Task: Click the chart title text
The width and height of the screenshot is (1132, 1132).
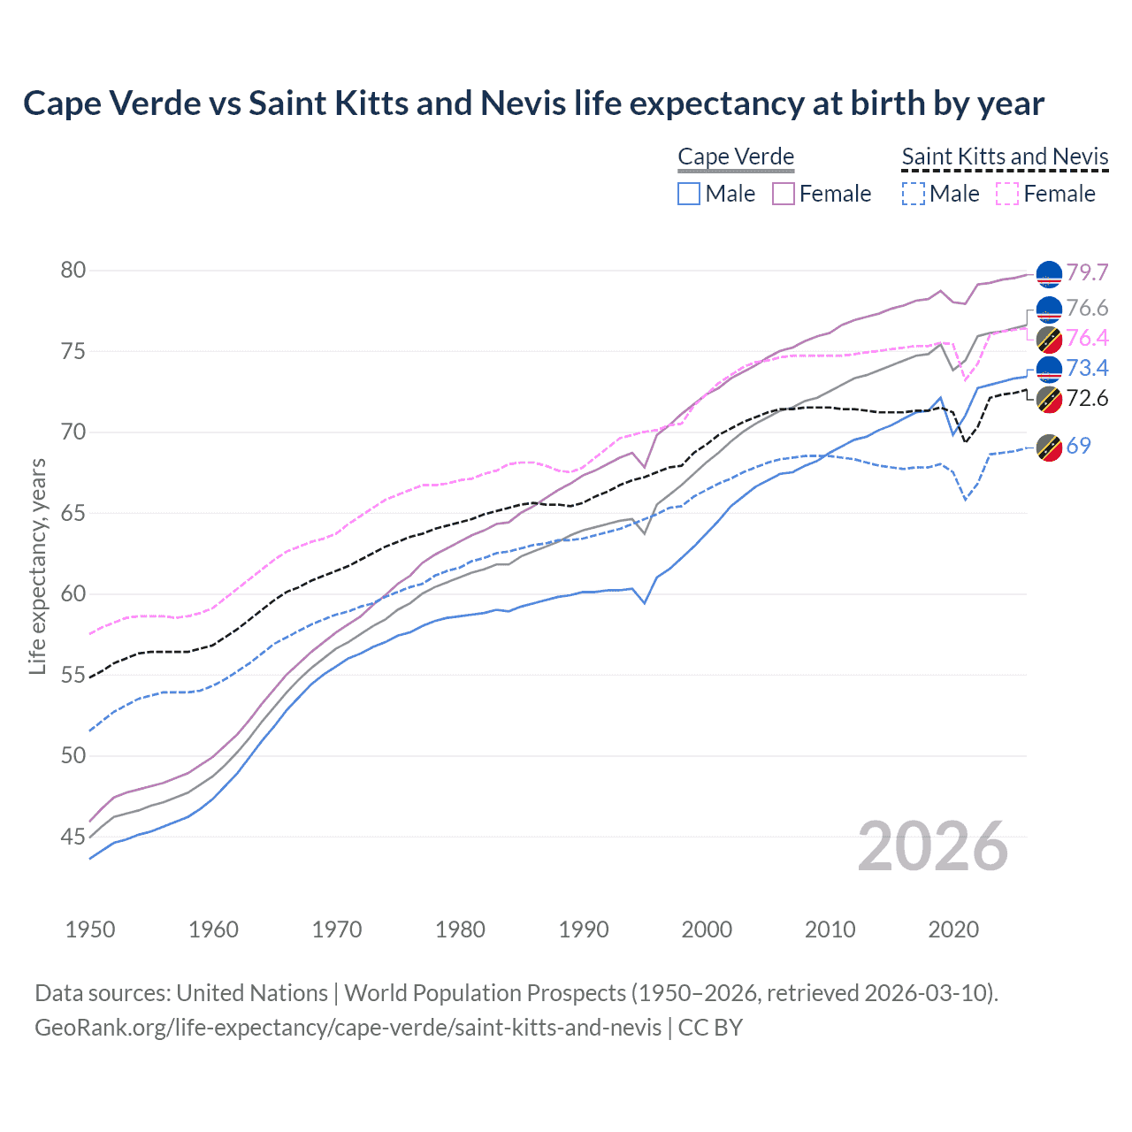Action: click(x=533, y=103)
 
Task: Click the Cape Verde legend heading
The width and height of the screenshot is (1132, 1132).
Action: click(x=736, y=157)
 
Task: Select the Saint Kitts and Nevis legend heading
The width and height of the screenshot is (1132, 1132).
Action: click(x=1005, y=157)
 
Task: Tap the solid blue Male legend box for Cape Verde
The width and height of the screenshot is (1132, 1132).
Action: click(x=689, y=194)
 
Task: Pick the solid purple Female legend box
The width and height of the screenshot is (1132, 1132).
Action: click(x=784, y=194)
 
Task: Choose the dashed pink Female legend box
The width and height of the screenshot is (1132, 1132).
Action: click(x=1007, y=194)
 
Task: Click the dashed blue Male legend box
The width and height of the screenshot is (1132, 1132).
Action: click(x=914, y=194)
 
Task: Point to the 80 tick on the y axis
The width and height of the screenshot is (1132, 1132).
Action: click(x=73, y=271)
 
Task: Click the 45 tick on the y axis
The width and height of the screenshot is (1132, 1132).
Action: click(x=73, y=837)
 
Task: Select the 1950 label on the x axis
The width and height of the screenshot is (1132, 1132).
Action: click(x=90, y=929)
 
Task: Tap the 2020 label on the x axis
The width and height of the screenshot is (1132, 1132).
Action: click(x=953, y=929)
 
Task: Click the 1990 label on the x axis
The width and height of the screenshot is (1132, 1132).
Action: click(x=584, y=929)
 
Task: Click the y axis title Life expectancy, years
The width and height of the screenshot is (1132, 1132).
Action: click(x=37, y=566)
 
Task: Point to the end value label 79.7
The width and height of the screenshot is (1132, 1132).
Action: click(x=1087, y=272)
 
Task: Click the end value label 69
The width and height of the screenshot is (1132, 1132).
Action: click(x=1078, y=446)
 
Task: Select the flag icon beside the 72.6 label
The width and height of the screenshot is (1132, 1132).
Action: click(x=1049, y=399)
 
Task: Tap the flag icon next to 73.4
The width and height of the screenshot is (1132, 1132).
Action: click(x=1049, y=368)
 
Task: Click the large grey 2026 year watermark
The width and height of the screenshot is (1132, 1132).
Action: click(x=933, y=846)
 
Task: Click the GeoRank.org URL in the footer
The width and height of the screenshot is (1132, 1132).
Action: click(x=348, y=1028)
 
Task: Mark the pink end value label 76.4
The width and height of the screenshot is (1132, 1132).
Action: click(x=1087, y=338)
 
